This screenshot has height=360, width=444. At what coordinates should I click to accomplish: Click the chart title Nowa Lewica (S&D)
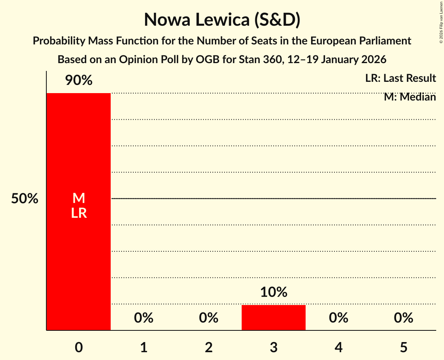[222, 20]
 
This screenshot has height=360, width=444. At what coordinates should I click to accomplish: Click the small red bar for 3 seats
[274, 318]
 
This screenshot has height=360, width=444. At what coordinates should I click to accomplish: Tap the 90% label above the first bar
[79, 81]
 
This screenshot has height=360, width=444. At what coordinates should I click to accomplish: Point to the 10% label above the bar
[274, 292]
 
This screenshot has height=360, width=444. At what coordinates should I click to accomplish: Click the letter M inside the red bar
[79, 198]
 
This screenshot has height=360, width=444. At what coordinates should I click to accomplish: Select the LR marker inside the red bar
[79, 213]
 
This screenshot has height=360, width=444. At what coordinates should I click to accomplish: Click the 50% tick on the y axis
[25, 199]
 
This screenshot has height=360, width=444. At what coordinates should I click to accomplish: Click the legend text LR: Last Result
[400, 78]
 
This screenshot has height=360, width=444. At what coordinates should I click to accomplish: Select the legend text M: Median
[410, 97]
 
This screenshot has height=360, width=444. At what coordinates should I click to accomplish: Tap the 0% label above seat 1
[144, 318]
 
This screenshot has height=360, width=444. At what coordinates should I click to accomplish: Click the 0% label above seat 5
[403, 318]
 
